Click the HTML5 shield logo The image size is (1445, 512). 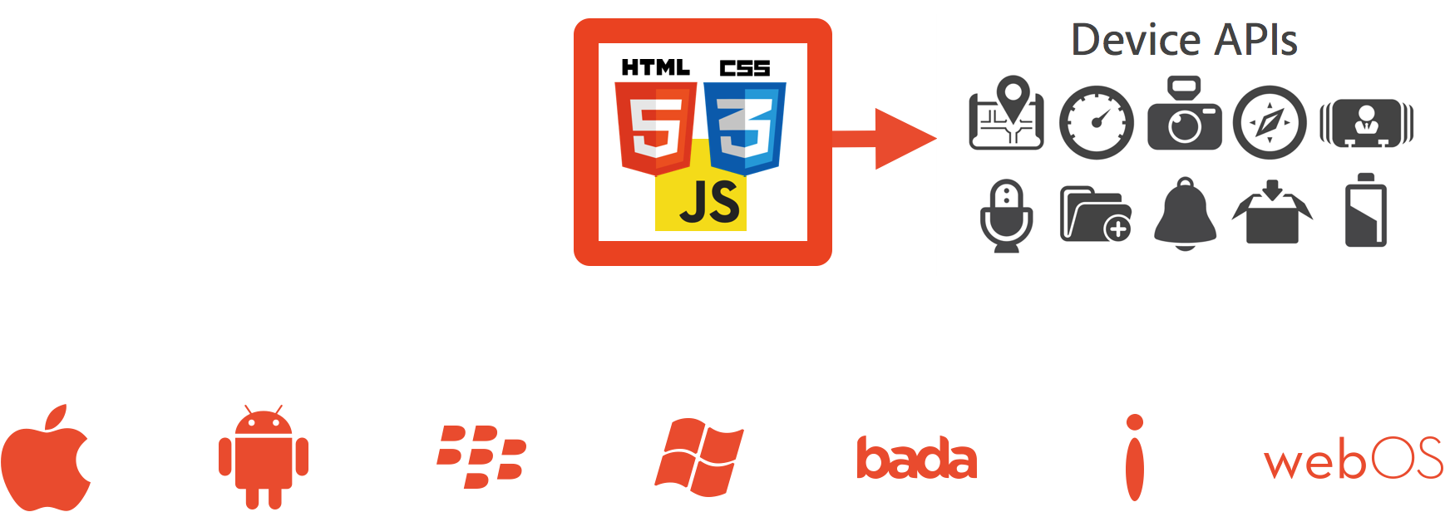655,128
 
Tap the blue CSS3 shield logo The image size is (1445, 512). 745,128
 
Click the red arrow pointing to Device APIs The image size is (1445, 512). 885,139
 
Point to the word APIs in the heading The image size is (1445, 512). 1255,40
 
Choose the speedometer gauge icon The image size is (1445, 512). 1097,122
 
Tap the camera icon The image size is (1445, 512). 1185,113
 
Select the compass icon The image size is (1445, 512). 1270,122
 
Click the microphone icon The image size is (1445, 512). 1007,215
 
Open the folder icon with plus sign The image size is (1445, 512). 1097,214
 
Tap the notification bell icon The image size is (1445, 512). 1185,214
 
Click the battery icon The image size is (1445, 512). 1366,210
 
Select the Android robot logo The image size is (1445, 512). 264,457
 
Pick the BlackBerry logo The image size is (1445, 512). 481,456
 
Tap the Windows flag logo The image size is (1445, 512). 699,457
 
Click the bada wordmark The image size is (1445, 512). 917,458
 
